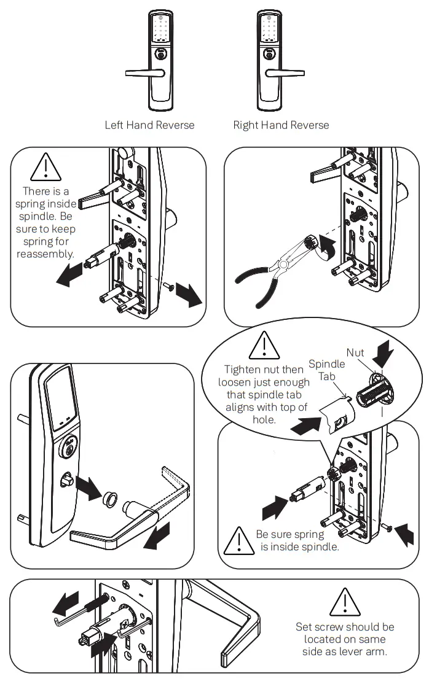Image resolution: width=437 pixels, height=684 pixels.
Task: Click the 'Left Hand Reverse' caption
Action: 149,125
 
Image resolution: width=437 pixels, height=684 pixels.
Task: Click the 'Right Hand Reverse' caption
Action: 281,125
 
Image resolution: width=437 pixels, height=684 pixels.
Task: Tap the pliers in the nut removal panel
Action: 270,270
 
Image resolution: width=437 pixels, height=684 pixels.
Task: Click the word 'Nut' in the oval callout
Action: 355,352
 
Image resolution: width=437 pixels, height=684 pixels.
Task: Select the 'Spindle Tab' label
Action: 326,370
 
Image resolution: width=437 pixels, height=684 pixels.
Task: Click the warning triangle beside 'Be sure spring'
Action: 237,539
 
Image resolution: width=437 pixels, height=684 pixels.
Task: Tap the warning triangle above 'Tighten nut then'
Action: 264,346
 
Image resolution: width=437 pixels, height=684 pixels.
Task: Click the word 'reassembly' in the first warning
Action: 45,254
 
